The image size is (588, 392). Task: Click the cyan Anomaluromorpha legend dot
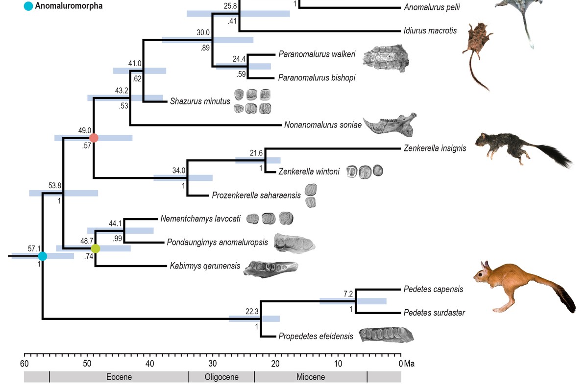click(x=28, y=6)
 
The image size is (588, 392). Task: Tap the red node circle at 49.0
click(x=94, y=138)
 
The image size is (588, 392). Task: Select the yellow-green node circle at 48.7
click(x=96, y=248)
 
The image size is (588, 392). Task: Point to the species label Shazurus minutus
click(x=200, y=101)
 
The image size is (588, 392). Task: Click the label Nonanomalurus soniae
click(x=323, y=125)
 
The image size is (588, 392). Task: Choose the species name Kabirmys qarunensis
click(x=205, y=266)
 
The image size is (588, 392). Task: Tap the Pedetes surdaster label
click(x=434, y=313)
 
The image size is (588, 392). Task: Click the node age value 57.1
click(x=34, y=248)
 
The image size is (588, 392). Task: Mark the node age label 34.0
click(x=179, y=171)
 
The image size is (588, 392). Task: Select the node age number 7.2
click(x=348, y=294)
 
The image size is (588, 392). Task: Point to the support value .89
click(x=205, y=48)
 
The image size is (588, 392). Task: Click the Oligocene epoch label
click(x=221, y=377)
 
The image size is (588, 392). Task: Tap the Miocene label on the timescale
click(x=311, y=377)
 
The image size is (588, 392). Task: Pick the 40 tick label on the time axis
click(x=150, y=364)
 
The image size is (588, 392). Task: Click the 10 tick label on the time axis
click(x=338, y=364)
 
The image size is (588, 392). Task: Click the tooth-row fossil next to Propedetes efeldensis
click(x=386, y=335)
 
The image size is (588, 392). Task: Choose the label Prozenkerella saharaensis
click(x=256, y=196)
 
